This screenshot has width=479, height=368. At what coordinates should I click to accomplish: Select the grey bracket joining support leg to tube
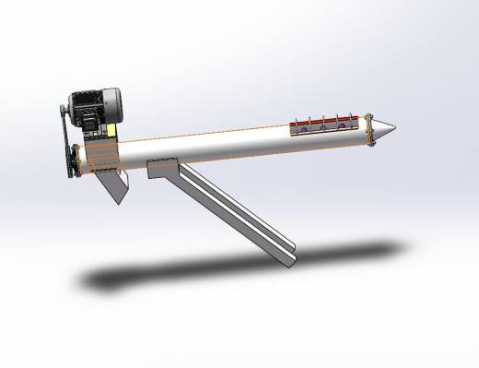[x=162, y=170]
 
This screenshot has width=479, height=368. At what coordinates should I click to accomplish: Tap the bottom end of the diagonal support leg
[x=287, y=257]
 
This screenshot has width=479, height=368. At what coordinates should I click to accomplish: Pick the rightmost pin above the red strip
[x=358, y=116]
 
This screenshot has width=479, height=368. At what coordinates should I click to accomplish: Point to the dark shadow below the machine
[x=230, y=267]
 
